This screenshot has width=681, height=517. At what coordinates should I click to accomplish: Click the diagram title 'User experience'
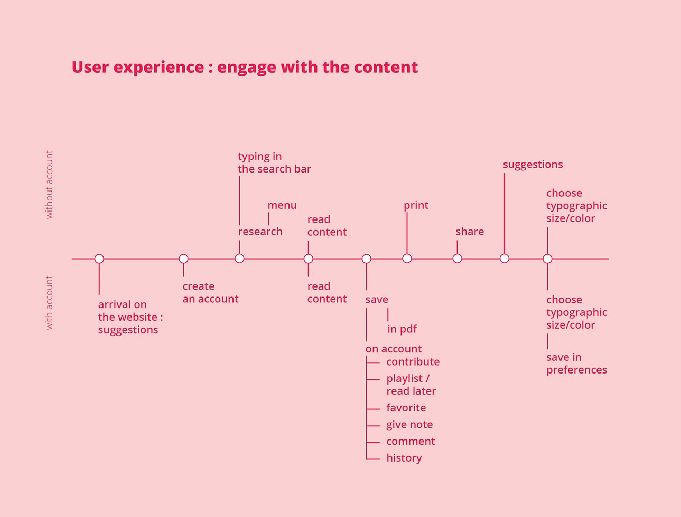[x=244, y=68]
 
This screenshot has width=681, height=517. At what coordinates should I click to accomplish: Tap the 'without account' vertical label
[x=49, y=185]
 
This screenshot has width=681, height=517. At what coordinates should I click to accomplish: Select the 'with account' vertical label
[x=49, y=303]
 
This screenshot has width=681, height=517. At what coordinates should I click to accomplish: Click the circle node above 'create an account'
[x=183, y=258]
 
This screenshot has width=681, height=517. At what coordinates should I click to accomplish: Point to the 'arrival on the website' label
[x=130, y=317]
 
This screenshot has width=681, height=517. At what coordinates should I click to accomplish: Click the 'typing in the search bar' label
[x=274, y=162]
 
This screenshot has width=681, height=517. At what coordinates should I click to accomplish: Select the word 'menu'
[x=282, y=205]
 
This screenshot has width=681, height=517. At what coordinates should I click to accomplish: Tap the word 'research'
[x=260, y=232]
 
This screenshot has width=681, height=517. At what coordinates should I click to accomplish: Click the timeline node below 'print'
[x=407, y=258]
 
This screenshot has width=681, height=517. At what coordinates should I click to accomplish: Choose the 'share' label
[x=469, y=232]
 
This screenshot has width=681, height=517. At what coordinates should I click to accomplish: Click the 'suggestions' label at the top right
[x=533, y=165]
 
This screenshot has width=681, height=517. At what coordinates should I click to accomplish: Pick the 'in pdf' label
[x=402, y=329]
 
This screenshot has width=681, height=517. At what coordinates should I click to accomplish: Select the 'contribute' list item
[x=413, y=362]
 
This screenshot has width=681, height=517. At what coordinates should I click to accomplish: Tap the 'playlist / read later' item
[x=411, y=385]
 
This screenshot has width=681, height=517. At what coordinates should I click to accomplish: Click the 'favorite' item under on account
[x=406, y=408]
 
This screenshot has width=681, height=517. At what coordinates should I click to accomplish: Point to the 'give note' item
[x=409, y=425]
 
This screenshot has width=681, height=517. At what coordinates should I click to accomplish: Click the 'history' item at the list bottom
[x=404, y=458]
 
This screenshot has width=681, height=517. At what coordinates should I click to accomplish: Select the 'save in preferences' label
[x=576, y=363]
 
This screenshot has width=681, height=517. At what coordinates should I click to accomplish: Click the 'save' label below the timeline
[x=376, y=300]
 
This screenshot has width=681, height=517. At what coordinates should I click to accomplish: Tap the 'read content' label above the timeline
[x=326, y=226]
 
